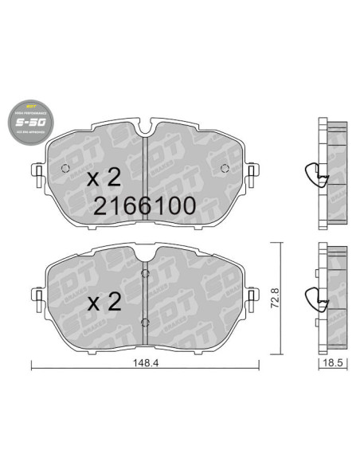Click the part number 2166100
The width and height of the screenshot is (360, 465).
144,205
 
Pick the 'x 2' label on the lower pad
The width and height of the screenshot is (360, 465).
103,301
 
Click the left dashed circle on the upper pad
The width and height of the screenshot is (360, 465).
65,167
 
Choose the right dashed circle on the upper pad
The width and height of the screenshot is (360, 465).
224,167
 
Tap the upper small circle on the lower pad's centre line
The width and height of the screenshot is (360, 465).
143,275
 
